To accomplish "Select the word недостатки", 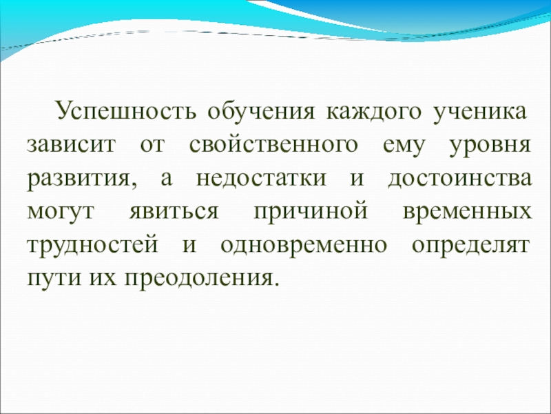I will click(x=261, y=179).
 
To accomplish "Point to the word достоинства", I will click(x=459, y=179).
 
